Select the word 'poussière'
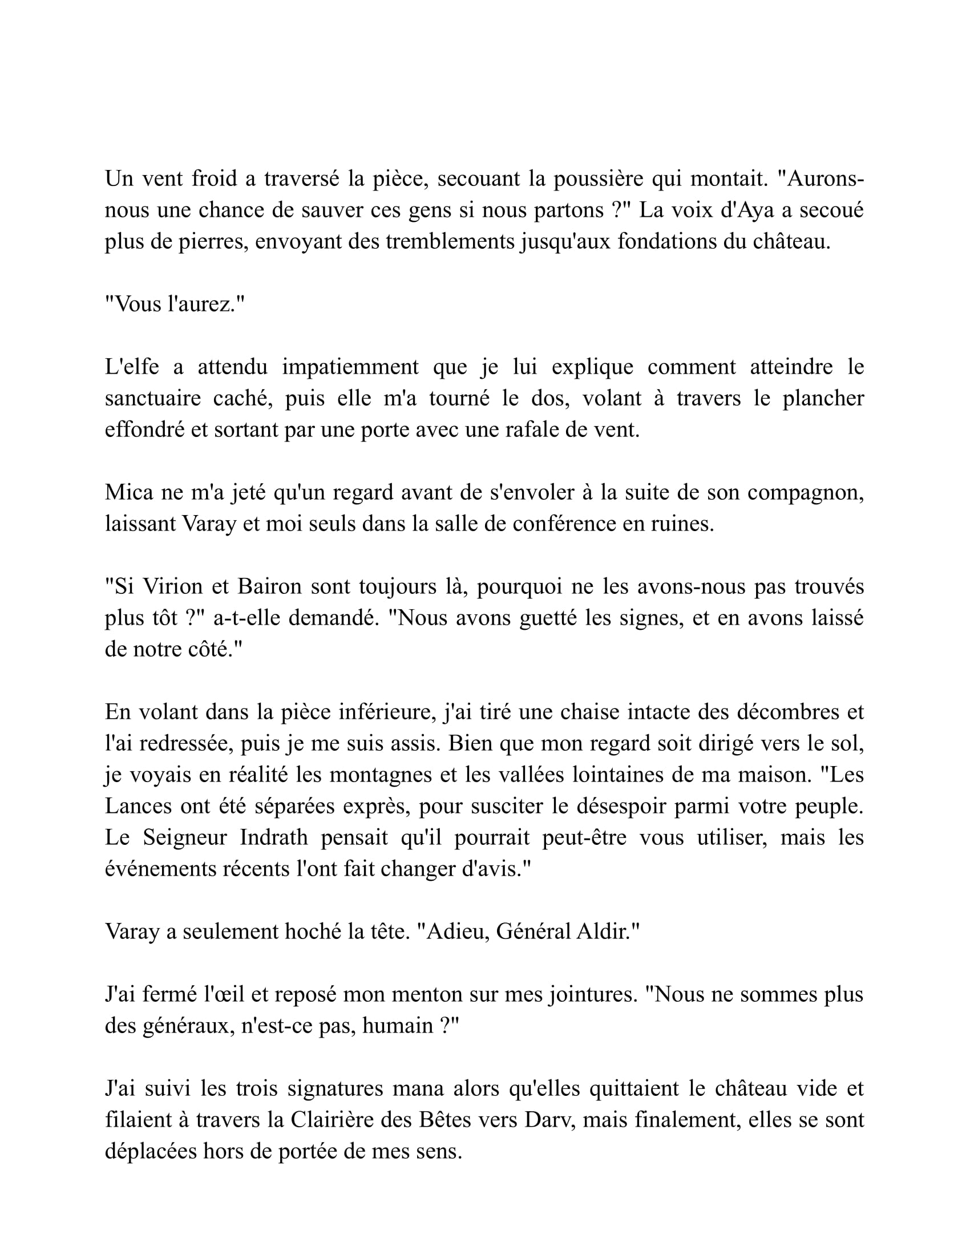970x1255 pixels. (597, 179)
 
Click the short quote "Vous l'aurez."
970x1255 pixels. (175, 305)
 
